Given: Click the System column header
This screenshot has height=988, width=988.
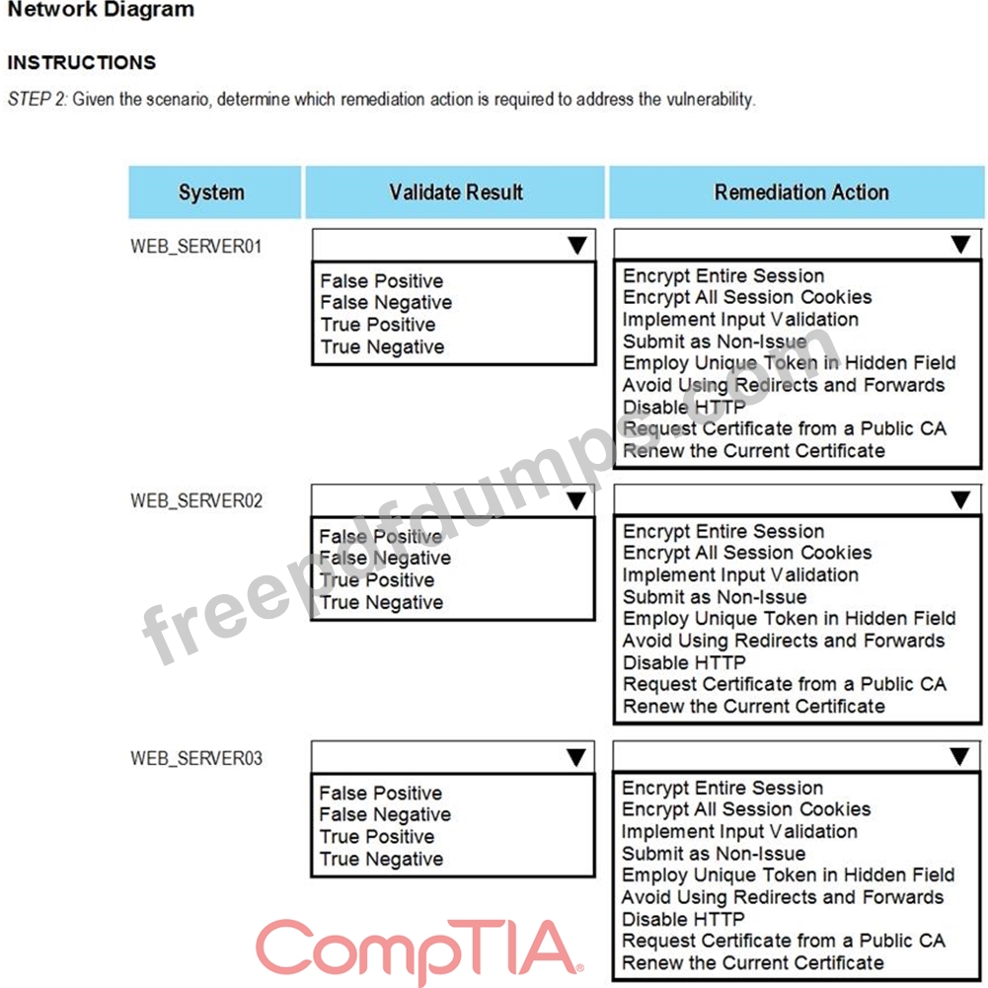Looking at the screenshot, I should pyautogui.click(x=211, y=192).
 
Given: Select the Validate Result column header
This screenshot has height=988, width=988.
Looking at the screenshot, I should pyautogui.click(x=455, y=192).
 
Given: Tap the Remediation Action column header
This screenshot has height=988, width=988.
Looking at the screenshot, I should pyautogui.click(x=800, y=192).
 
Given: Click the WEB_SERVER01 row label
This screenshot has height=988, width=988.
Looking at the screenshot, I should pyautogui.click(x=196, y=246).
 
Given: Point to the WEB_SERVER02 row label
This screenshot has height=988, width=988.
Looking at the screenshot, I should pyautogui.click(x=196, y=500).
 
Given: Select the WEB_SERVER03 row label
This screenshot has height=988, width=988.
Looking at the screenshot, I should pyautogui.click(x=196, y=758).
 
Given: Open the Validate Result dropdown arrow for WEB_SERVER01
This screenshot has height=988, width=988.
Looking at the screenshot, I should pyautogui.click(x=577, y=246).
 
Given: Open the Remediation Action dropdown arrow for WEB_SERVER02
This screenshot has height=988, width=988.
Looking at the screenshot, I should pyautogui.click(x=960, y=500).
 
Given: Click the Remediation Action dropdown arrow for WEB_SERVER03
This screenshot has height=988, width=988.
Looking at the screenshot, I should pyautogui.click(x=959, y=757).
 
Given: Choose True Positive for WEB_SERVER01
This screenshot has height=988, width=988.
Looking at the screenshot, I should pyautogui.click(x=377, y=325).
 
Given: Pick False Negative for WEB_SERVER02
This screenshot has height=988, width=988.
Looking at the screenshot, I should pyautogui.click(x=385, y=559).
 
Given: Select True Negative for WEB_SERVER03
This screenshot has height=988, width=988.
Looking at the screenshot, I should pyautogui.click(x=381, y=859).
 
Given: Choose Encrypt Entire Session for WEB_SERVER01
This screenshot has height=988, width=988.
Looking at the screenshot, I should pyautogui.click(x=722, y=275).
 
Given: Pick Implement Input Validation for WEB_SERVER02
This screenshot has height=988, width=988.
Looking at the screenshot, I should pyautogui.click(x=740, y=574).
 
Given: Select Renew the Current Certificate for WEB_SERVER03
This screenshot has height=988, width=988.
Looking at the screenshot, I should pyautogui.click(x=753, y=962).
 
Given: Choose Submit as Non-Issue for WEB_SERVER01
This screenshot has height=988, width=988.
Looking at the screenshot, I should pyautogui.click(x=715, y=342).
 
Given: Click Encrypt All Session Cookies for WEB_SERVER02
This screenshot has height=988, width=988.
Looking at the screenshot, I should pyautogui.click(x=747, y=553).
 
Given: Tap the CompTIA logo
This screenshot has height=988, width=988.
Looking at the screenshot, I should pyautogui.click(x=418, y=948).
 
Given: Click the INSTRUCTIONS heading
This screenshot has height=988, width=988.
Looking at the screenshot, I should pyautogui.click(x=82, y=63).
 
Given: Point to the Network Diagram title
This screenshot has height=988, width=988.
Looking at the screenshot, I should pyautogui.click(x=101, y=11).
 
